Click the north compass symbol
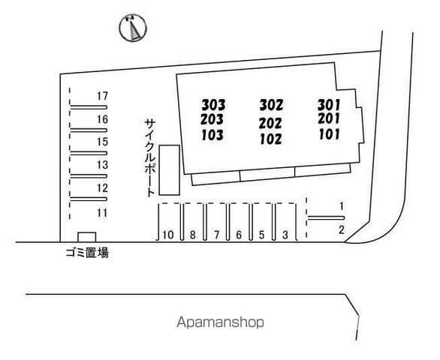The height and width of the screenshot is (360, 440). [x=133, y=28]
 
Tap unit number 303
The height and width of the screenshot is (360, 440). [x=213, y=105]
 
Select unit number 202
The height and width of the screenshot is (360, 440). [x=270, y=123]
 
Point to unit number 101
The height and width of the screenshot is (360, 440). [x=329, y=134]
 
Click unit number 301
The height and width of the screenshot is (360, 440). [x=329, y=105]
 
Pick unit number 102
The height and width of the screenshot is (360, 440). [x=271, y=139]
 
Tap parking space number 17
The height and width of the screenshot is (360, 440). [x=102, y=96]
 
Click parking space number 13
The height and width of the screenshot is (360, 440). [x=102, y=164]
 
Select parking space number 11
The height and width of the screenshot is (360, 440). [x=102, y=213]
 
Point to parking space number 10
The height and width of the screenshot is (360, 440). [x=168, y=235]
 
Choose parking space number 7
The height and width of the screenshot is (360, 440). [x=216, y=235]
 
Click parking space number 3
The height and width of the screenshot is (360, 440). [x=285, y=235]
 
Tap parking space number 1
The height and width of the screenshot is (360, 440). [x=342, y=206]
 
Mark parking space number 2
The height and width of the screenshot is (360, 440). [x=342, y=230]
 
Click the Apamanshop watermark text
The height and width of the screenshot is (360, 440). [x=220, y=322]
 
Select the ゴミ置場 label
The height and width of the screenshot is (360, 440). [x=87, y=253]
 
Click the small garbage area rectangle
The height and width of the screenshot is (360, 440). [x=87, y=237]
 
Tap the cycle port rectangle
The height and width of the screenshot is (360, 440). [x=169, y=170]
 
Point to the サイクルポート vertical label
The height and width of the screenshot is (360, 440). [x=150, y=157]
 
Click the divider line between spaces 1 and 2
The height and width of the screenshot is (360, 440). [x=326, y=217]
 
